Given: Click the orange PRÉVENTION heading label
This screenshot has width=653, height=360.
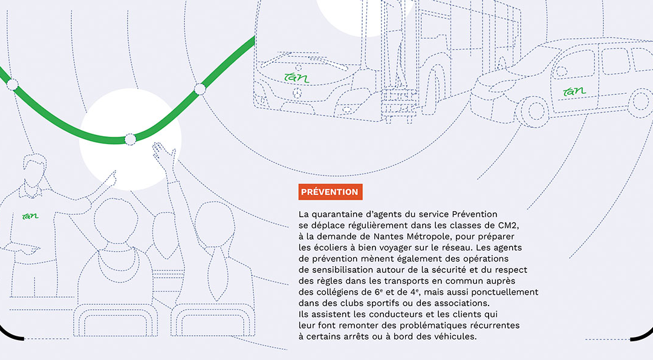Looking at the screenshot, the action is [330, 192].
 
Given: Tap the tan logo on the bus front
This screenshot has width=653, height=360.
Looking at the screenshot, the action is [297, 77].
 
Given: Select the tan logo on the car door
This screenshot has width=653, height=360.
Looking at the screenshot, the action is [575, 91].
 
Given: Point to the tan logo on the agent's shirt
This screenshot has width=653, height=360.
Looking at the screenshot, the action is [30, 215].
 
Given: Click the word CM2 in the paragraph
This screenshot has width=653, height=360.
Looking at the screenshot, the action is [509, 226].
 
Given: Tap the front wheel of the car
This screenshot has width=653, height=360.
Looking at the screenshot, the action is [532, 111].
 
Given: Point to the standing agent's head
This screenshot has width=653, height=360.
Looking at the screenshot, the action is [34, 171].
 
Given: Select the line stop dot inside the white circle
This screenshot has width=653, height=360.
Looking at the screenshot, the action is [131, 139].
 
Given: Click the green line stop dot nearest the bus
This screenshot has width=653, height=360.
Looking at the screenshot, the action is [200, 89].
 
